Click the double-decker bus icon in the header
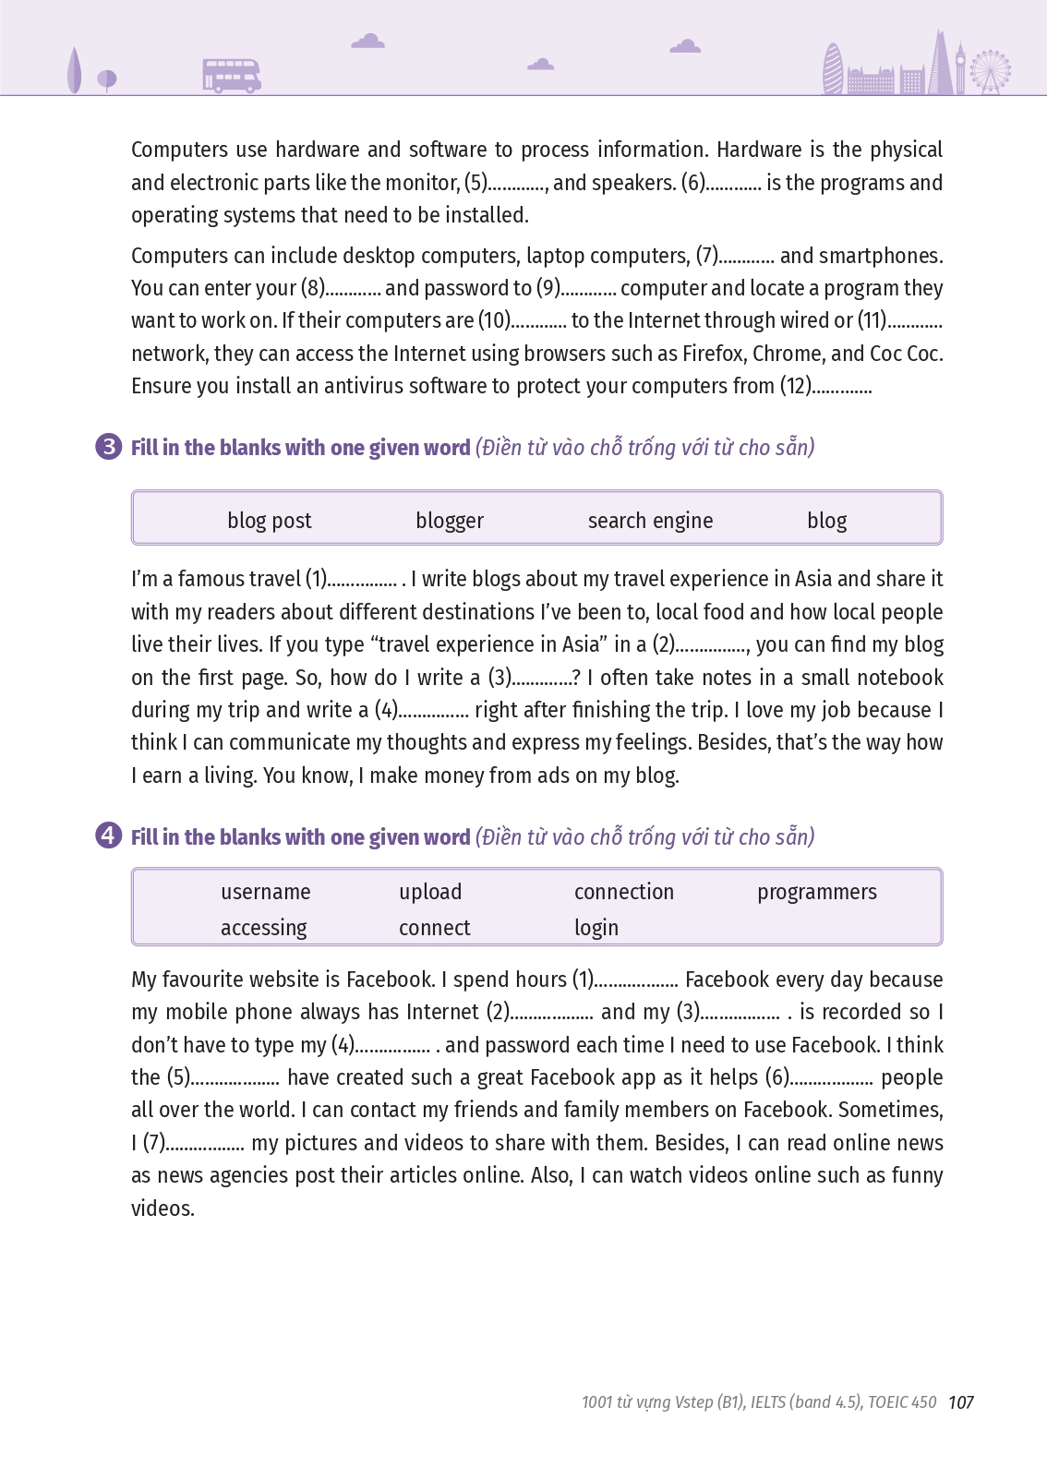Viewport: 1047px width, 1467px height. tap(232, 76)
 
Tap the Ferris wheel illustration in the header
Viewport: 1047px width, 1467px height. tap(991, 70)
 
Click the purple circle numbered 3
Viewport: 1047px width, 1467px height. tap(108, 447)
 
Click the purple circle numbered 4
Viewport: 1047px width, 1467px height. tap(108, 836)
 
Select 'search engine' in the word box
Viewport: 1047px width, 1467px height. tap(650, 521)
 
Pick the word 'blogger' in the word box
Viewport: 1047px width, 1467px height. tap(450, 521)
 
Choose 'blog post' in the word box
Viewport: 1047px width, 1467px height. tap(270, 521)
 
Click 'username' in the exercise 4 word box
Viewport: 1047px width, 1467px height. tap(266, 892)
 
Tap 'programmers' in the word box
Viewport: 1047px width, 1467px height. tap(817, 892)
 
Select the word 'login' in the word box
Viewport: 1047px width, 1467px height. tap(596, 928)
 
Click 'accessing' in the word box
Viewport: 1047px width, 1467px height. tap(264, 928)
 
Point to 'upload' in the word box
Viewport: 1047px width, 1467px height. tap(430, 892)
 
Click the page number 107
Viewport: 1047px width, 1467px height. tap(961, 1402)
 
